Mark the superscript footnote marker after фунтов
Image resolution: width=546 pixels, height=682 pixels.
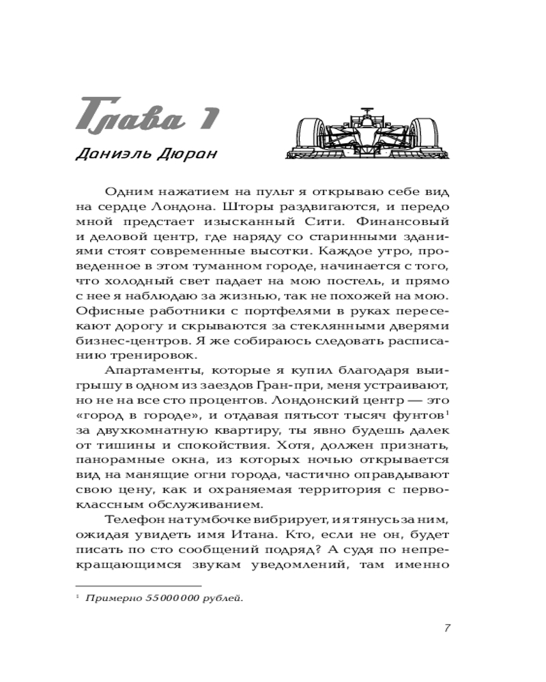(x=447, y=415)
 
